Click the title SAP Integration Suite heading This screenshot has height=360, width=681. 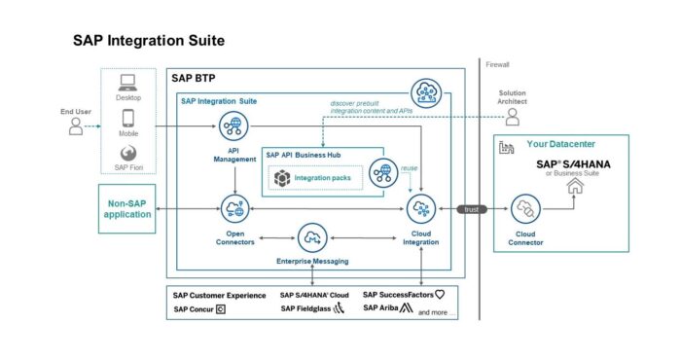pyautogui.click(x=149, y=41)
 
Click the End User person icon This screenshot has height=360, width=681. pyautogui.click(x=75, y=126)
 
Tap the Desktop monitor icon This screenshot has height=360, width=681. pyautogui.click(x=127, y=85)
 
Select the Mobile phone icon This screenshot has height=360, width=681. pyautogui.click(x=127, y=121)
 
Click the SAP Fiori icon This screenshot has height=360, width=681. pyautogui.click(x=127, y=154)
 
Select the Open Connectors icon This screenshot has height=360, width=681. pyautogui.click(x=233, y=207)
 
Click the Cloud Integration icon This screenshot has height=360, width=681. pyautogui.click(x=420, y=207)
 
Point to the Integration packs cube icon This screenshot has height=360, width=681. pyautogui.click(x=282, y=176)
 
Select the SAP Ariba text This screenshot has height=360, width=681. pyautogui.click(x=381, y=308)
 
